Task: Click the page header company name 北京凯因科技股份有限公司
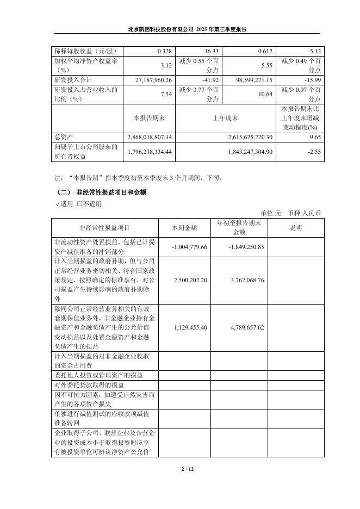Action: pyautogui.click(x=160, y=29)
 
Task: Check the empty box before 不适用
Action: pyautogui.click(x=80, y=204)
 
